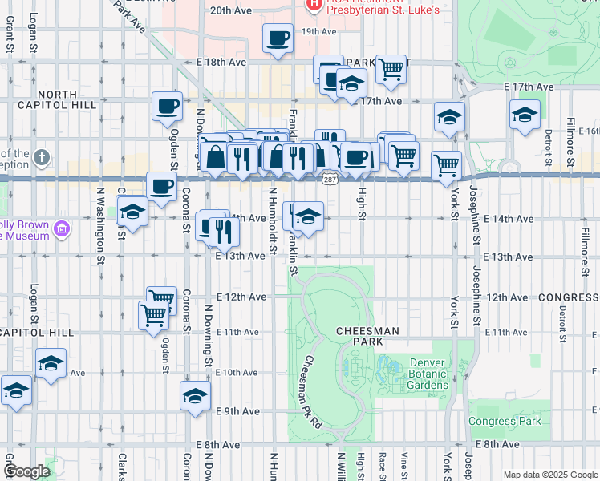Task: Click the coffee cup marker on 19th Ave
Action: point(278,38)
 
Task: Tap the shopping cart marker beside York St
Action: point(446,167)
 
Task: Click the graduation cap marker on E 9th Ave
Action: point(195,396)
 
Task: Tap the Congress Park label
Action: point(505,421)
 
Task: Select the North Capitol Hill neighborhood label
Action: point(56,100)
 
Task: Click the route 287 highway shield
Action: point(330,180)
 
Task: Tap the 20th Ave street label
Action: point(230,11)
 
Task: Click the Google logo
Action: point(26,471)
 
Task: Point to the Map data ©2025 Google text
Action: point(549,475)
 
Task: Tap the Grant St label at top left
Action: point(10,35)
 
